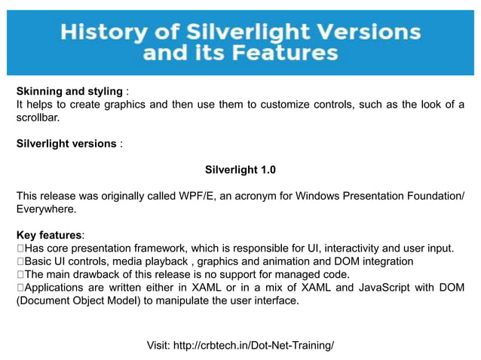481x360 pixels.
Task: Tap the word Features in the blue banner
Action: pyautogui.click(x=290, y=53)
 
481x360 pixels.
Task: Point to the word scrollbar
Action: pyautogui.click(x=37, y=117)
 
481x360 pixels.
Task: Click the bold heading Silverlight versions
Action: pyautogui.click(x=66, y=143)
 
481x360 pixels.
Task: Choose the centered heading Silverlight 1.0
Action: pyautogui.click(x=240, y=170)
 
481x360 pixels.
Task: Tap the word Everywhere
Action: pyautogui.click(x=46, y=209)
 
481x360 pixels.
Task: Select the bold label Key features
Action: pyautogui.click(x=50, y=235)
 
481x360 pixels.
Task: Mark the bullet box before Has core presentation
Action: pyautogui.click(x=20, y=249)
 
